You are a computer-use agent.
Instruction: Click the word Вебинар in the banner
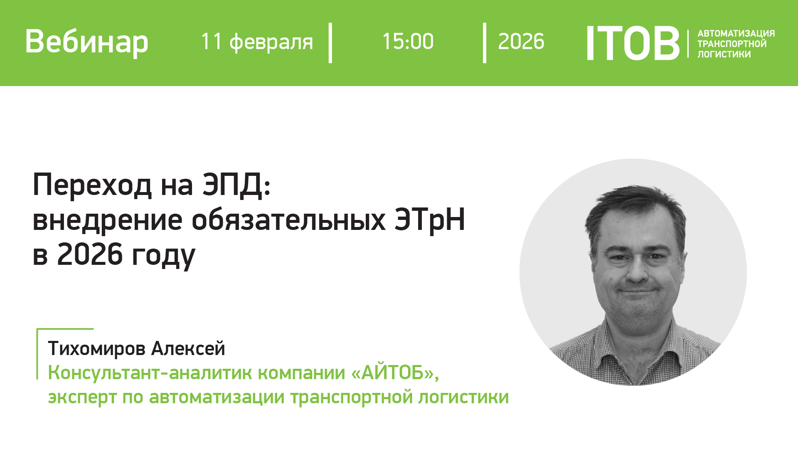(86, 42)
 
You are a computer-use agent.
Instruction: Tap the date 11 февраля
(256, 42)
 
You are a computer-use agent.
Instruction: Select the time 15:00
(408, 42)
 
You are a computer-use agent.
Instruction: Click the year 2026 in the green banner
(521, 42)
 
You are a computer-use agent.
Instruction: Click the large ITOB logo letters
(632, 43)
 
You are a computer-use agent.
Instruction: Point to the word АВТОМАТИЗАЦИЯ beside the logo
(736, 33)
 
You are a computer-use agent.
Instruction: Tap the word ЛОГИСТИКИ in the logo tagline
(724, 54)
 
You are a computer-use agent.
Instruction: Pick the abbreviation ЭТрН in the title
(429, 220)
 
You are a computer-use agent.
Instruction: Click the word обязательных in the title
(288, 220)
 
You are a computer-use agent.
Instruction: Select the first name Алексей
(188, 348)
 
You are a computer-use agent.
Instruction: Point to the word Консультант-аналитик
(108, 373)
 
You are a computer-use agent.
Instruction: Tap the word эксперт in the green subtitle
(82, 397)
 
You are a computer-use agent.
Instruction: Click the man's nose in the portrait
(636, 270)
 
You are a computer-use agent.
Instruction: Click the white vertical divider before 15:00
(330, 43)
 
